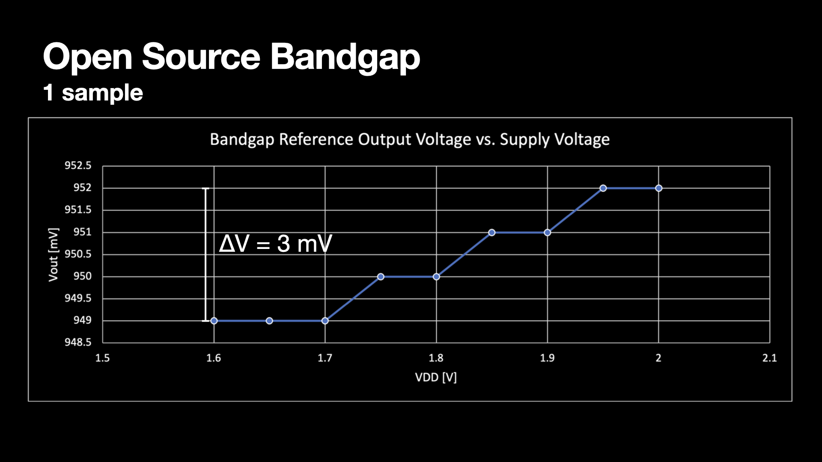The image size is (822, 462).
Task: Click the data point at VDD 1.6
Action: click(x=214, y=321)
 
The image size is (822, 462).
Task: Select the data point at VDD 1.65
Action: click(x=269, y=321)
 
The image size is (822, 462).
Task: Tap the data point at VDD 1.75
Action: click(x=381, y=277)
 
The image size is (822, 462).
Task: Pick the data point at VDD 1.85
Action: click(x=492, y=232)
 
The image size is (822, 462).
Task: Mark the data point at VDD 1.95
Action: click(x=603, y=188)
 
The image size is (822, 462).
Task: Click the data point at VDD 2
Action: click(x=658, y=188)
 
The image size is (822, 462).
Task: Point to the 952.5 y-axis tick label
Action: click(x=78, y=166)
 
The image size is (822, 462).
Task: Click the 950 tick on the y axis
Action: click(x=82, y=276)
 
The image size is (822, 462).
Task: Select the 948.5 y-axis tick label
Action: click(x=78, y=342)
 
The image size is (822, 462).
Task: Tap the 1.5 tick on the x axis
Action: click(x=102, y=358)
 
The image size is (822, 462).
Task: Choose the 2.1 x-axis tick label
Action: click(x=769, y=358)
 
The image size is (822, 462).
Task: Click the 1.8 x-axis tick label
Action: click(x=436, y=358)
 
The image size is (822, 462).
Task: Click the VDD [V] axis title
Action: click(x=436, y=377)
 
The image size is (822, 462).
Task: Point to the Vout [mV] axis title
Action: click(x=54, y=255)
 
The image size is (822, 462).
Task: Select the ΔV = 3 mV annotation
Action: click(x=275, y=244)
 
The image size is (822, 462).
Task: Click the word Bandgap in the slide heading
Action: click(x=345, y=57)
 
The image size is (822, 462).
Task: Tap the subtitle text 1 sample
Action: click(x=93, y=93)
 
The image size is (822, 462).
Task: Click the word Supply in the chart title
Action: click(x=524, y=140)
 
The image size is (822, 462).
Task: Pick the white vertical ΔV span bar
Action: click(x=205, y=255)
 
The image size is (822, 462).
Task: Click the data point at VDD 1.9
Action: click(x=547, y=232)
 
